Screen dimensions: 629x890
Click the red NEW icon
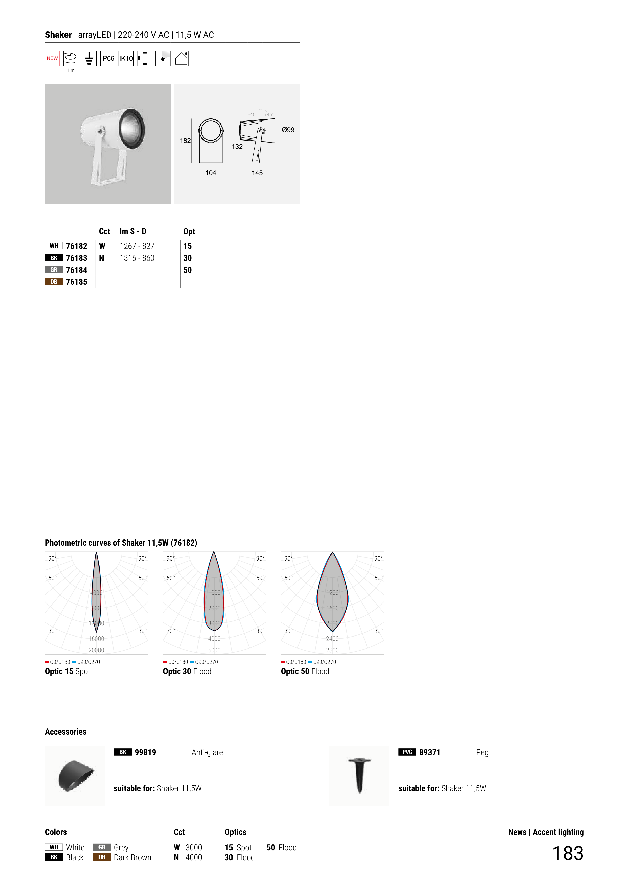click(x=52, y=58)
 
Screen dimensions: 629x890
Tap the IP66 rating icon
click(x=107, y=58)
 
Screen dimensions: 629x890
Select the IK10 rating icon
click(x=126, y=58)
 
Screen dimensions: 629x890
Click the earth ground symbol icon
click(x=89, y=58)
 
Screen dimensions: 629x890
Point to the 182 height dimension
click(x=185, y=141)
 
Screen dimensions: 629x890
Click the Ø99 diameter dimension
click(x=288, y=130)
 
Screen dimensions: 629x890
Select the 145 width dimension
click(x=257, y=173)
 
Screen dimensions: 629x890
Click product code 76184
click(x=76, y=270)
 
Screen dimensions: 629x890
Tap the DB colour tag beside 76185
click(x=54, y=282)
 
